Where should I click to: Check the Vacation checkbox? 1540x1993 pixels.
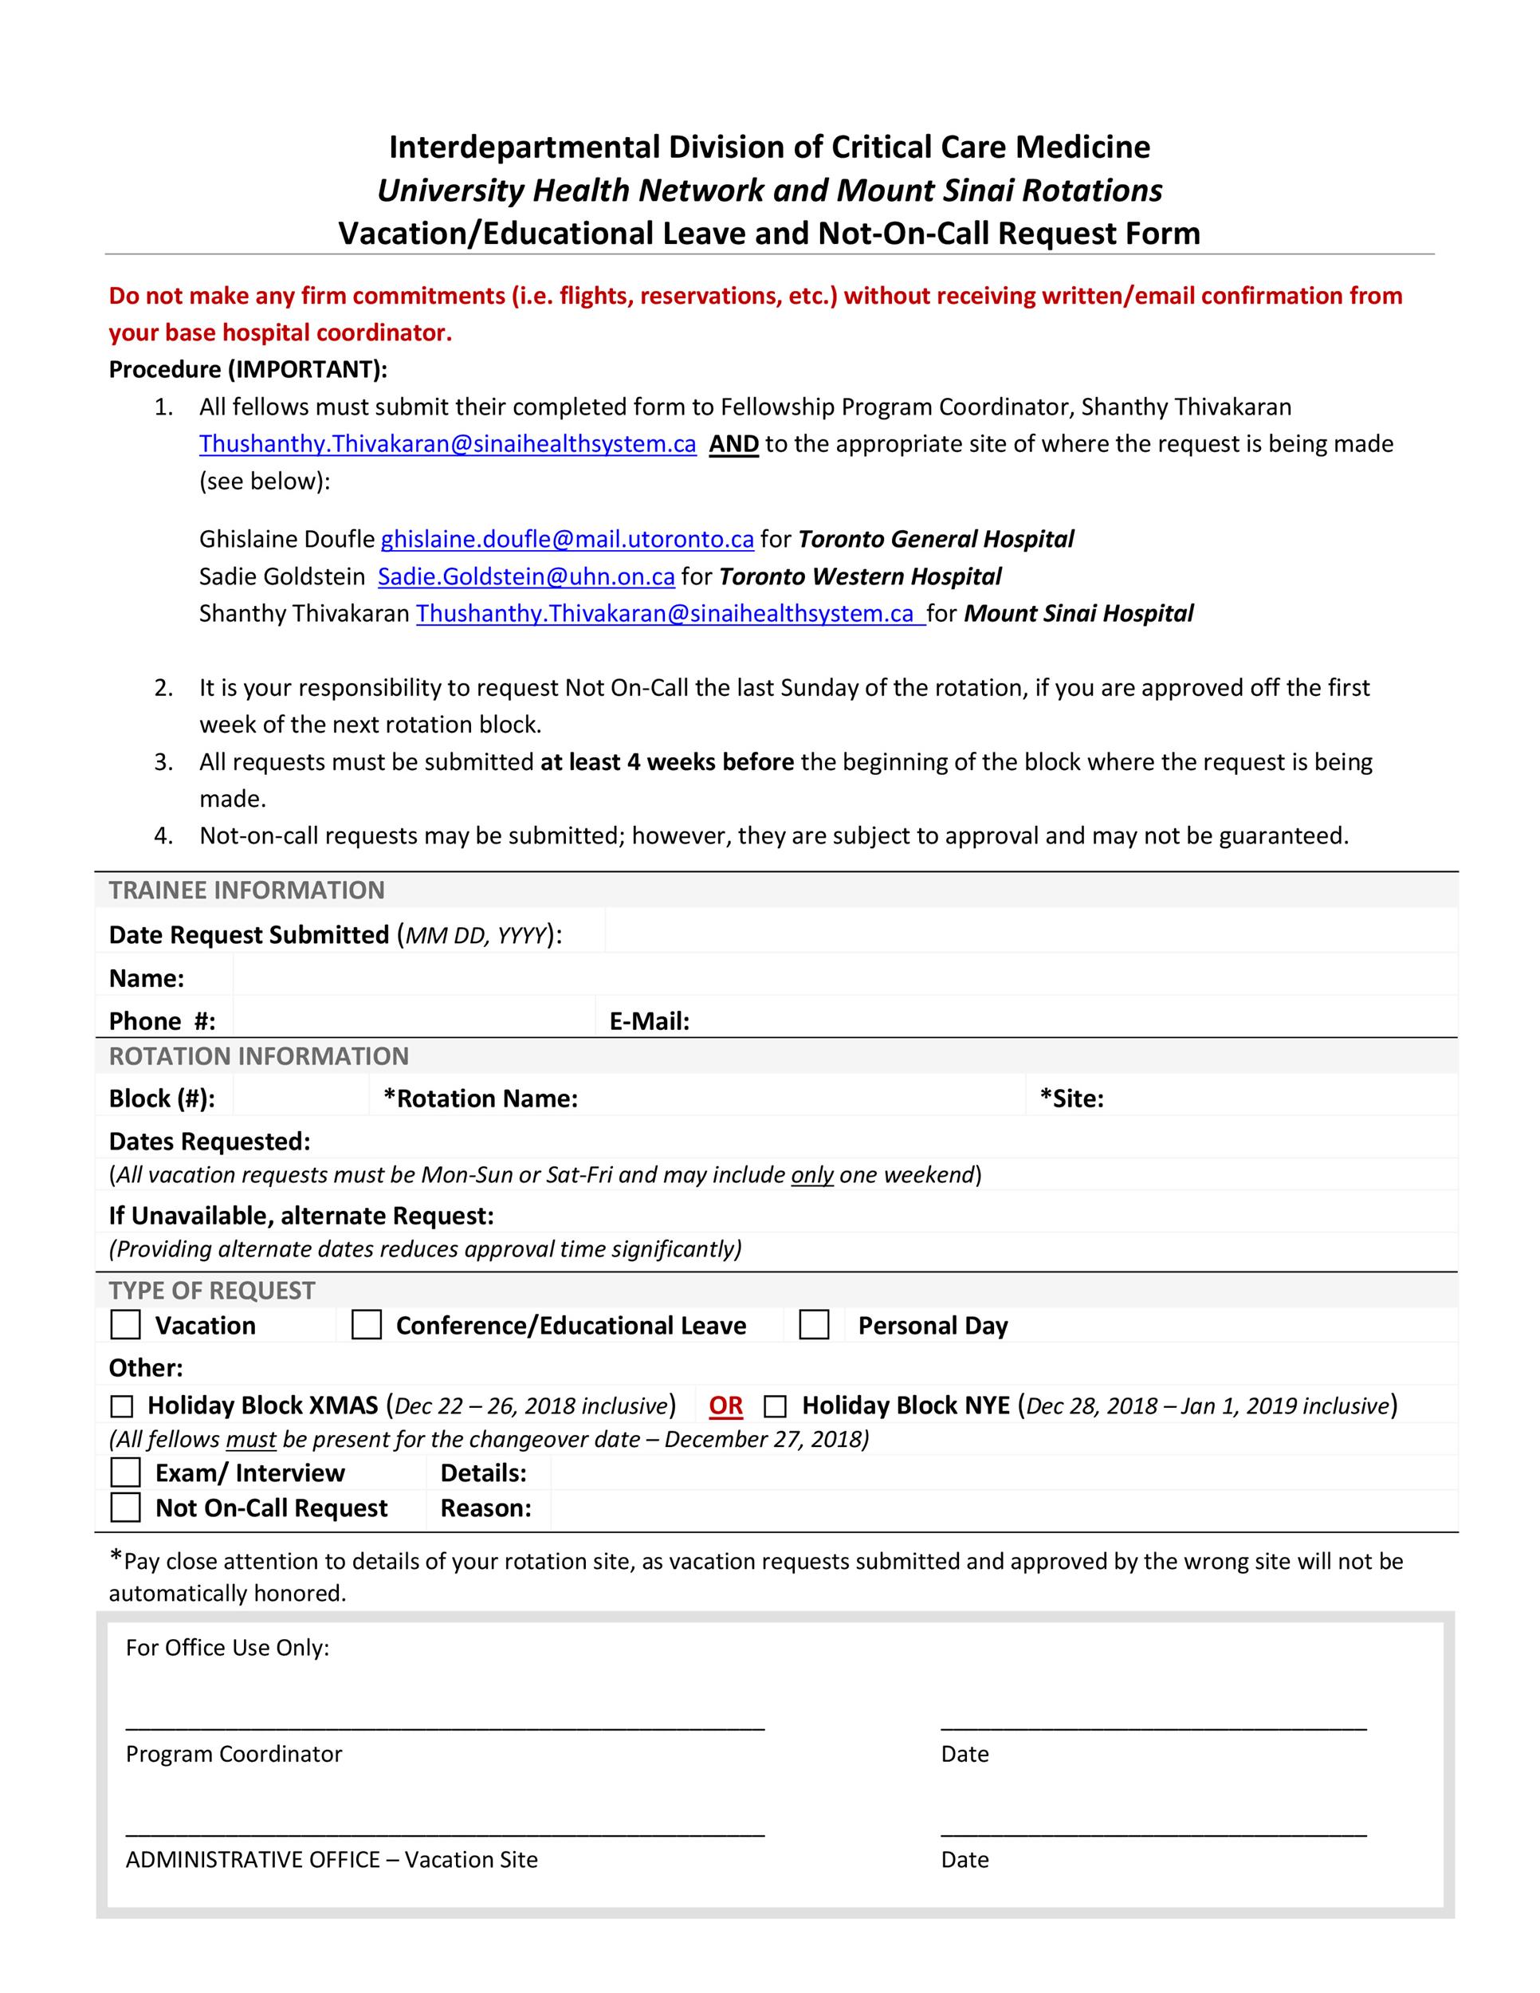click(125, 1324)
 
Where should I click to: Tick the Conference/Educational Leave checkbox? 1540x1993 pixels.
click(367, 1324)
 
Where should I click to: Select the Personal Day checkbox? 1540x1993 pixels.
click(814, 1324)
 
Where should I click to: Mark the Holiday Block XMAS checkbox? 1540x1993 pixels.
click(121, 1406)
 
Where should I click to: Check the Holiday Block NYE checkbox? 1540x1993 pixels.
click(775, 1406)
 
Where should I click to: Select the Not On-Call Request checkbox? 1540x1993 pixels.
click(125, 1507)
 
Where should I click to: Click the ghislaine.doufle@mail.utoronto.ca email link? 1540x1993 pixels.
click(567, 540)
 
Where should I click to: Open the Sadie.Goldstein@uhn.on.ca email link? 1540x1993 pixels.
click(525, 576)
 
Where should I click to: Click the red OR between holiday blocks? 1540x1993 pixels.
click(725, 1405)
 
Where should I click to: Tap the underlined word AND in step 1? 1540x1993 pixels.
click(733, 444)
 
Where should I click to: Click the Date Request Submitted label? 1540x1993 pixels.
click(248, 934)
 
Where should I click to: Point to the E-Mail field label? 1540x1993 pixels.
click(649, 1021)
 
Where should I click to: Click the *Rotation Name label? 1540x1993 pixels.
click(481, 1098)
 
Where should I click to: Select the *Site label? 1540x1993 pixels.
click(1071, 1098)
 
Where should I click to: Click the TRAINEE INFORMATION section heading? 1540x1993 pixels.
click(246, 890)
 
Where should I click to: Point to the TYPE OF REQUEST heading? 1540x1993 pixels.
click(212, 1291)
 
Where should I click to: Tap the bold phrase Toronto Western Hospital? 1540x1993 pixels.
click(859, 576)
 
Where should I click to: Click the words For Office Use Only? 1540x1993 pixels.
click(227, 1647)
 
